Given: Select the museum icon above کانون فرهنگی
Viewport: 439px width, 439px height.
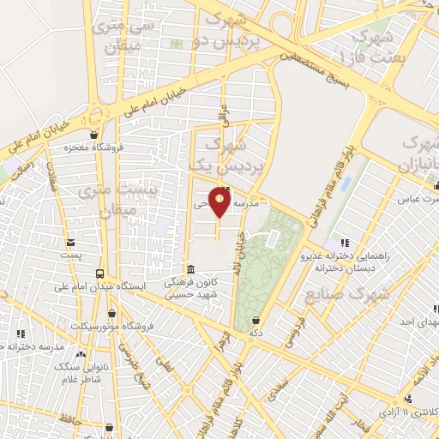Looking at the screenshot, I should pyautogui.click(x=189, y=269).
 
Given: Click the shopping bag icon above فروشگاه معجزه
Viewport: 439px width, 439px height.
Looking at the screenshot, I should pyautogui.click(x=93, y=135).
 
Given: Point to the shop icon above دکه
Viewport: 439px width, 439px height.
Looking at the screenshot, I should pyautogui.click(x=255, y=320).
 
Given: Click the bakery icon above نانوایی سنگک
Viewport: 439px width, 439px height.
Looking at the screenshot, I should pyautogui.click(x=81, y=353).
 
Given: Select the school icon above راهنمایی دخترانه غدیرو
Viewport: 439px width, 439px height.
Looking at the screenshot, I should pyautogui.click(x=345, y=243).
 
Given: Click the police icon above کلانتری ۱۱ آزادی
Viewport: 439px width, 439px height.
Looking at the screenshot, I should pyautogui.click(x=409, y=399).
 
